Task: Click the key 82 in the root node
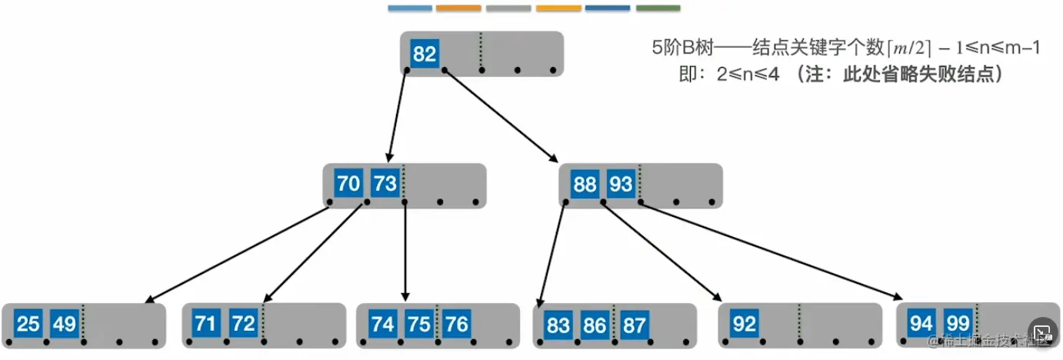click(x=425, y=54)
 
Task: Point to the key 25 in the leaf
click(x=28, y=324)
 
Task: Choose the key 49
click(x=64, y=324)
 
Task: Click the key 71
click(x=205, y=323)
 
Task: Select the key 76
click(x=456, y=324)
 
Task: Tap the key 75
click(x=419, y=324)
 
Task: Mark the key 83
click(x=558, y=325)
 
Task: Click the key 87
click(x=635, y=325)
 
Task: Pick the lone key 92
click(x=745, y=324)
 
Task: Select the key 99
click(x=958, y=324)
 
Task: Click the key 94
click(x=921, y=324)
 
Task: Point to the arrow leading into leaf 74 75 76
click(x=405, y=254)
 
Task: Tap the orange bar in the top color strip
click(x=458, y=8)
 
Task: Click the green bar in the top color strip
click(x=658, y=8)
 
